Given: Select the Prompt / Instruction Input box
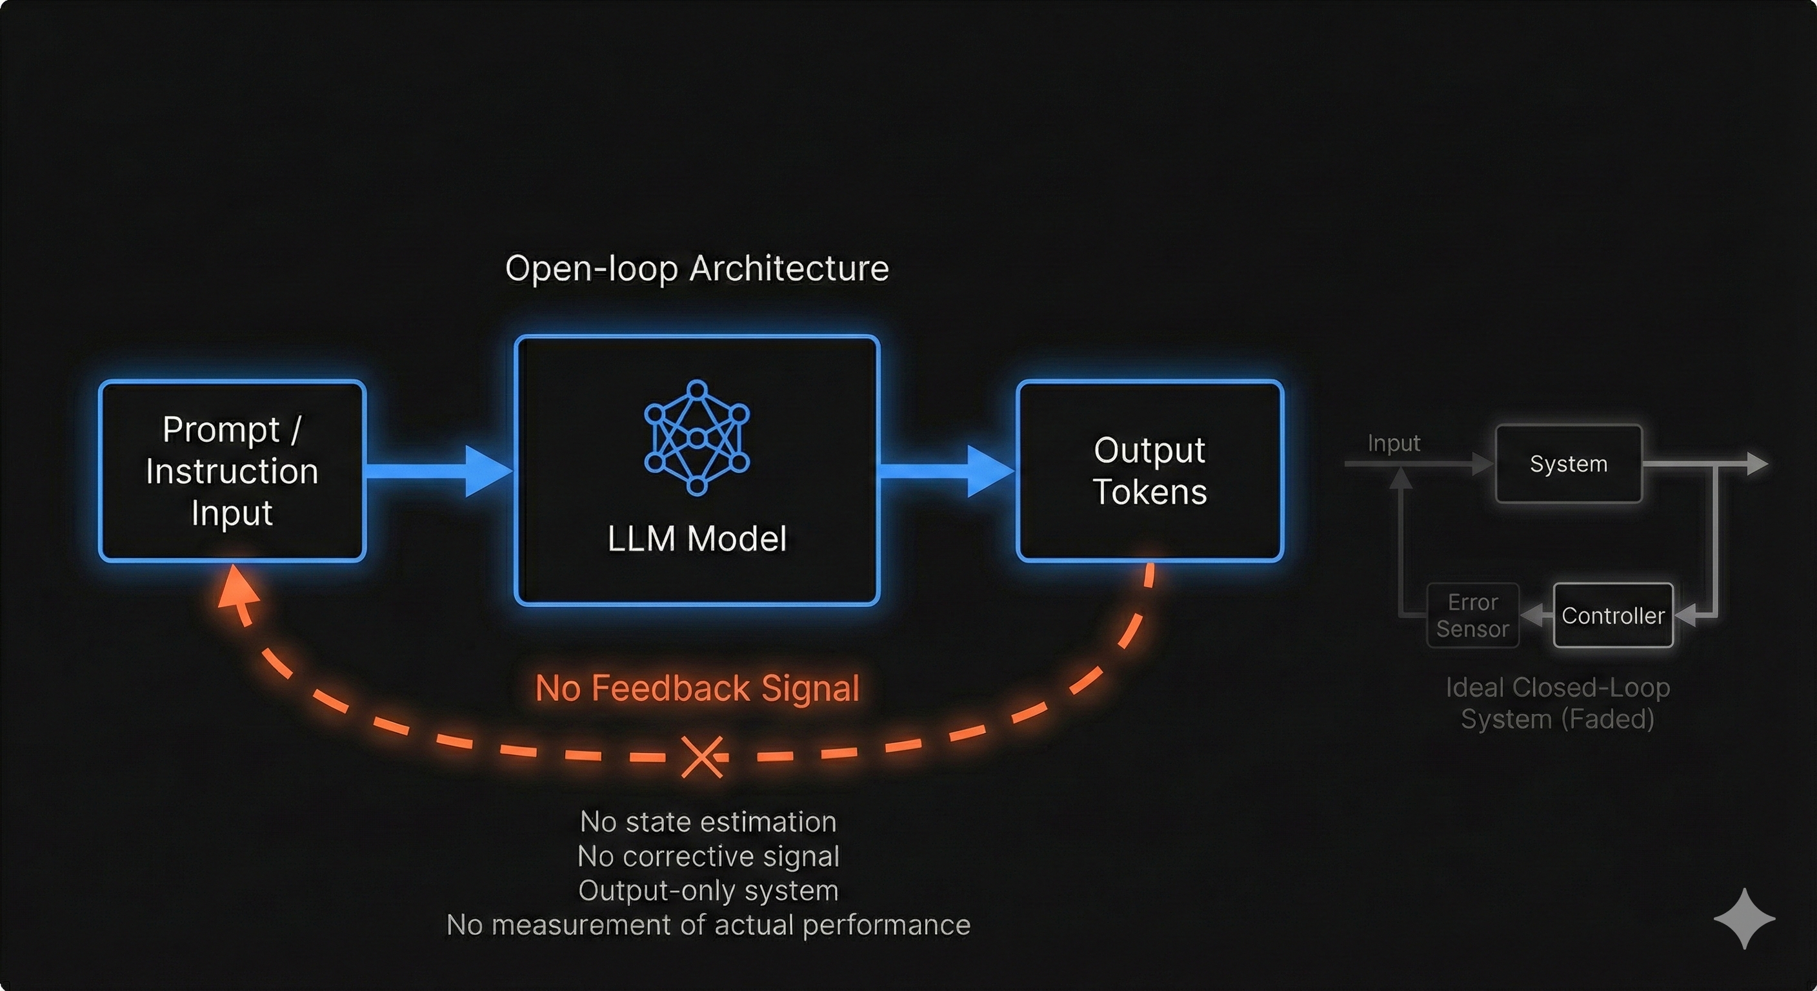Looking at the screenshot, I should coord(232,471).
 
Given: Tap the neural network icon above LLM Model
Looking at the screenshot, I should coord(697,437).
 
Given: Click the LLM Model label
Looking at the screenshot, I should coord(697,539).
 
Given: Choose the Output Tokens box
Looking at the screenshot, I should coord(1150,471).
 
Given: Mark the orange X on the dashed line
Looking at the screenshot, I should coord(703,757).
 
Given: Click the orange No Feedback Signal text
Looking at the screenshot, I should coord(697,688).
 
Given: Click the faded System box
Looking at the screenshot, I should coord(1569,464).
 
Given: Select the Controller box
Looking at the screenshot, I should coord(1613,616).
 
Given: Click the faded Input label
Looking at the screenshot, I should coord(1394,443).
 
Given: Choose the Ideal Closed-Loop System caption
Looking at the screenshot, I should coord(1558,703).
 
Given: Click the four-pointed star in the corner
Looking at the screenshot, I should coord(1744,918).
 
